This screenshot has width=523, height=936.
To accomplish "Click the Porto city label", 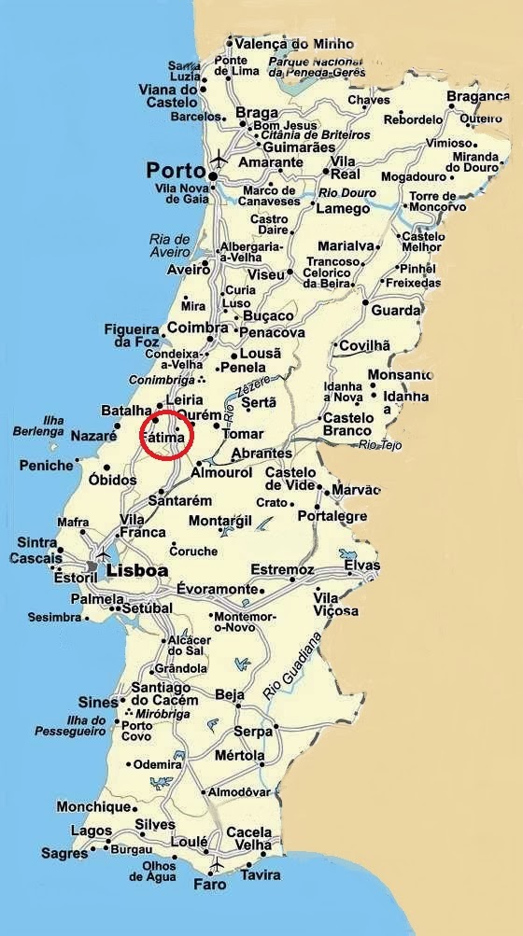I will click(175, 171).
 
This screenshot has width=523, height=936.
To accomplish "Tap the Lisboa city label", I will click(137, 570).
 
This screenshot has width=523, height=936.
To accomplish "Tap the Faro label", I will click(209, 883).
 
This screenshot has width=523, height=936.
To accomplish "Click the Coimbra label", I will click(197, 328).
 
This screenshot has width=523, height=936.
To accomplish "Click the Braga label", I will click(257, 113).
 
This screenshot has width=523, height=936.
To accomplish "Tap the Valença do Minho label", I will click(282, 43).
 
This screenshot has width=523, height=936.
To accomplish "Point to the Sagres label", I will click(64, 853).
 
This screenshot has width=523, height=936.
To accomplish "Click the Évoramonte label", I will click(217, 589).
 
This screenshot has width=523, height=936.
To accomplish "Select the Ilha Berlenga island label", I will click(39, 426).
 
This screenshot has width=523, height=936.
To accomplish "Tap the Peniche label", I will click(46, 465).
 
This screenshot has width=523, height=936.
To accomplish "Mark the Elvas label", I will click(362, 566).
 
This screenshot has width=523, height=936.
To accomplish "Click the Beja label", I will click(230, 694).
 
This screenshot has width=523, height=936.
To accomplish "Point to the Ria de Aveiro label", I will click(169, 245).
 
